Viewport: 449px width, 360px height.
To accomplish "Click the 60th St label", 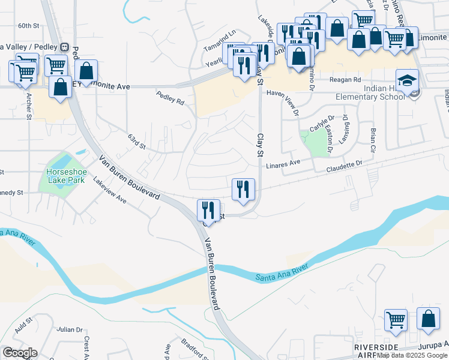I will tap(28, 26).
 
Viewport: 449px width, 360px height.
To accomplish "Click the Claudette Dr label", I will tap(345, 163).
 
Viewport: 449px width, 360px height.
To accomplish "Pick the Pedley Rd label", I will tap(170, 97).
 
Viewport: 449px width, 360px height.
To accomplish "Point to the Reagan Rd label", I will tap(348, 80).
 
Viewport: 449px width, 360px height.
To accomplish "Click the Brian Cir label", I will tap(373, 139).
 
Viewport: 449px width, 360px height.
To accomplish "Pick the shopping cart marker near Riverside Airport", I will tap(396, 320).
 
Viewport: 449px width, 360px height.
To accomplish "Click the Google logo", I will tap(20, 353).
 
